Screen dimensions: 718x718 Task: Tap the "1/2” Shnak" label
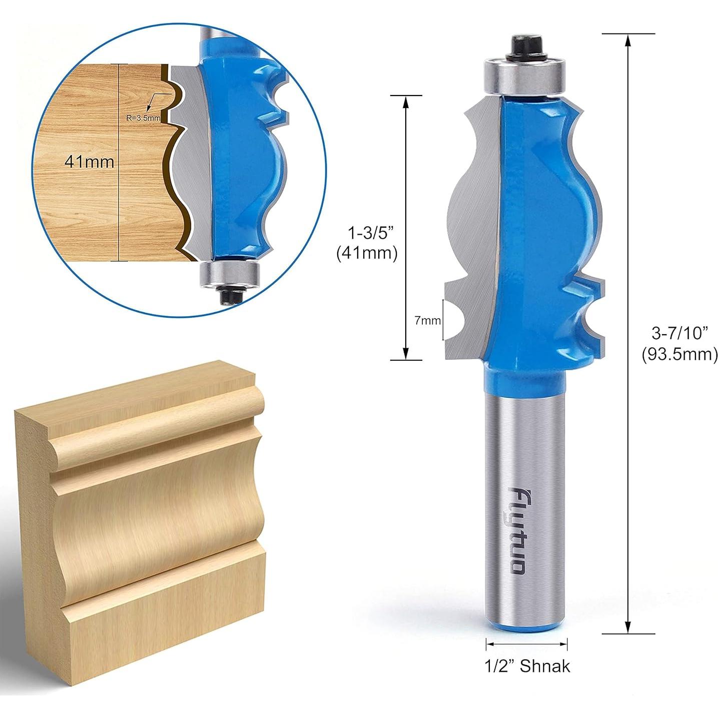(x=527, y=665)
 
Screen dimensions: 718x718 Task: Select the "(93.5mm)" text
(x=679, y=355)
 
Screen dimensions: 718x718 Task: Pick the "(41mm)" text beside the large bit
(x=367, y=253)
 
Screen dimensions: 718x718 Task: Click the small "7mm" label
(x=427, y=321)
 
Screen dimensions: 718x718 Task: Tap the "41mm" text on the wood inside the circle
(x=89, y=162)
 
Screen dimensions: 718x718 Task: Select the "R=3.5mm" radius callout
(x=144, y=118)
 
